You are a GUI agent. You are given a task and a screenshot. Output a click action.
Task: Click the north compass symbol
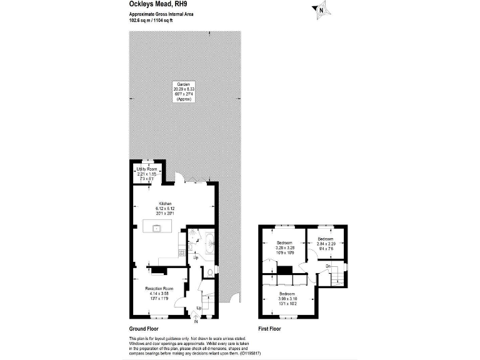321,9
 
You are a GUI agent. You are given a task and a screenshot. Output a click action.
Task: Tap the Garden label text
183,84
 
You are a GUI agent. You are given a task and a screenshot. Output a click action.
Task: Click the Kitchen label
165,204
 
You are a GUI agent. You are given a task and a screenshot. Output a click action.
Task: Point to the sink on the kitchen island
156,226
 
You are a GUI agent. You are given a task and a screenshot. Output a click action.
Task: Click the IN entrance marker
196,322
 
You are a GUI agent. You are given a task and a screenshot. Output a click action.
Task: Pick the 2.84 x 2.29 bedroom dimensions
326,244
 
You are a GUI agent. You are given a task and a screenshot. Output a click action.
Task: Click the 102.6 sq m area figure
138,20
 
